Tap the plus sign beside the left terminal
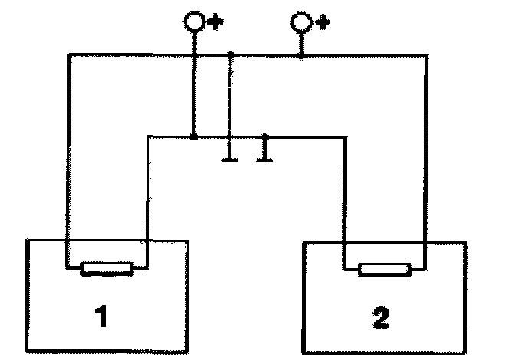coord(212,22)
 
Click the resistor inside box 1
coord(107,267)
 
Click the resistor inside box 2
coord(384,269)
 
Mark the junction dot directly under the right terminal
coord(301,54)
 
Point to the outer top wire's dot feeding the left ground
coord(231,54)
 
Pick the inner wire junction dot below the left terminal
coord(193,137)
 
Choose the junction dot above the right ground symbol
coord(265,137)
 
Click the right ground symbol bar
coord(265,159)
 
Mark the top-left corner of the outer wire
coord(69,54)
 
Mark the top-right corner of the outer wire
coord(423,54)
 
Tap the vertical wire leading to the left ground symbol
coord(231,107)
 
